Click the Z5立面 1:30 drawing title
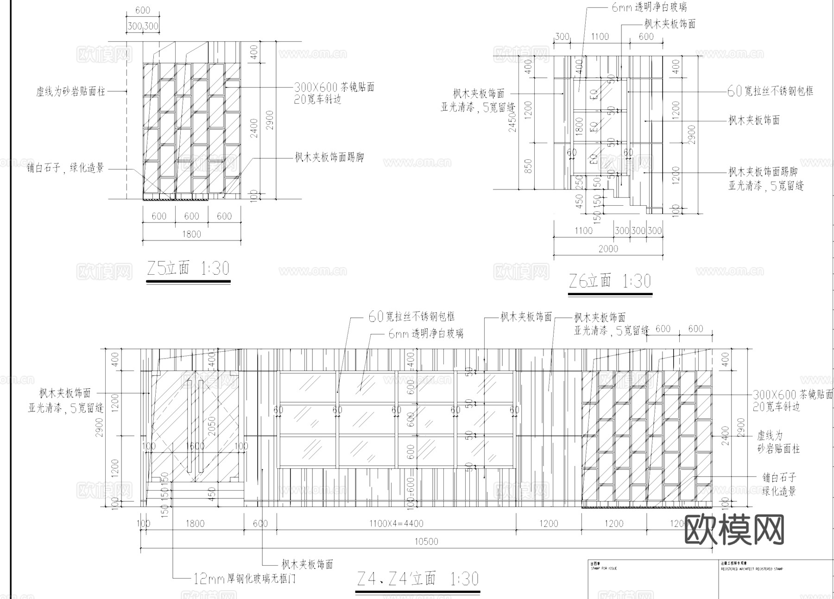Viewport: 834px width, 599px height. tap(188, 269)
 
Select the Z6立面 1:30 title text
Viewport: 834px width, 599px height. tap(610, 281)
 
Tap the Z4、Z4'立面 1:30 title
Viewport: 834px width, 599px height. tap(418, 579)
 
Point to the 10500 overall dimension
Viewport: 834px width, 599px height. tap(426, 541)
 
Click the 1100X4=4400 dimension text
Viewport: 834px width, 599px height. tap(396, 523)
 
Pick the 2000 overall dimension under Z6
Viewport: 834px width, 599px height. tap(608, 249)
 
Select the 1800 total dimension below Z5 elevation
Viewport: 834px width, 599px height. tap(191, 234)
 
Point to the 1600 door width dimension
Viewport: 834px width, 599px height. tap(195, 446)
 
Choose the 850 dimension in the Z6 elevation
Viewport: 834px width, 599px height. tap(528, 166)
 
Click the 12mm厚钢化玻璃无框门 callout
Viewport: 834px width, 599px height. tap(244, 579)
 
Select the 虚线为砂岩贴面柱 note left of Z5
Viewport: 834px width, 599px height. tap(71, 91)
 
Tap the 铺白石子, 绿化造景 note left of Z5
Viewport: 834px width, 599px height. tap(65, 168)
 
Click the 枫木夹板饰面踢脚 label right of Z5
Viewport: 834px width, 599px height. tap(329, 158)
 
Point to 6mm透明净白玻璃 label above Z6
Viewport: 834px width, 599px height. tap(649, 7)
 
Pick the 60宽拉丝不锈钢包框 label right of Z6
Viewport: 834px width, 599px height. tap(770, 91)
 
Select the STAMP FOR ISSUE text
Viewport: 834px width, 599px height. tap(604, 568)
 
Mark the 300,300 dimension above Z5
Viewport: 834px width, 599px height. tap(143, 26)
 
